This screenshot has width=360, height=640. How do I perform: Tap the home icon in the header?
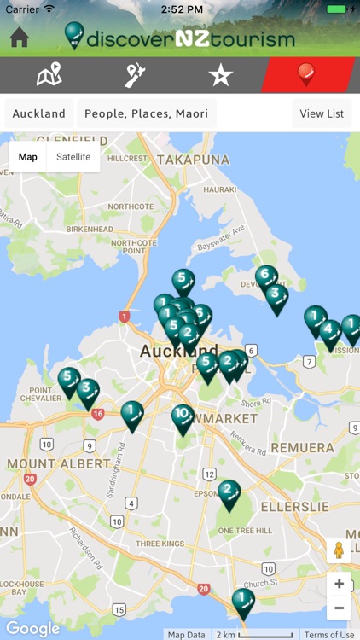click(19, 38)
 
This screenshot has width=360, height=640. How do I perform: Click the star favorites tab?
click(220, 75)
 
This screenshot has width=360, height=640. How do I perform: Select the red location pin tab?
click(307, 75)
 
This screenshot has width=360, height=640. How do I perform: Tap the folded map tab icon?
click(49, 75)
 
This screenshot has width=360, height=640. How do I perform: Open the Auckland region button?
click(39, 113)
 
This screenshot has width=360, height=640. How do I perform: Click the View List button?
click(322, 113)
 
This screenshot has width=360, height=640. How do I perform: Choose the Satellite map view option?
click(73, 157)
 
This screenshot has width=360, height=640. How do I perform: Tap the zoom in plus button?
click(339, 585)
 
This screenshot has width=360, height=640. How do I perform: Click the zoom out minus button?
click(339, 608)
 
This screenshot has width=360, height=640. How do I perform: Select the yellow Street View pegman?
click(339, 550)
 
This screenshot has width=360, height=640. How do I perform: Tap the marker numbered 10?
click(183, 417)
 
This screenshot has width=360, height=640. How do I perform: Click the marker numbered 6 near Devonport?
click(266, 276)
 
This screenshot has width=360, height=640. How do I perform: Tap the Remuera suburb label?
click(303, 447)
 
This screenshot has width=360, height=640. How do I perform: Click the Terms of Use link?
click(329, 634)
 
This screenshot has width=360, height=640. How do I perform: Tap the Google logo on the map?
click(32, 629)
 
